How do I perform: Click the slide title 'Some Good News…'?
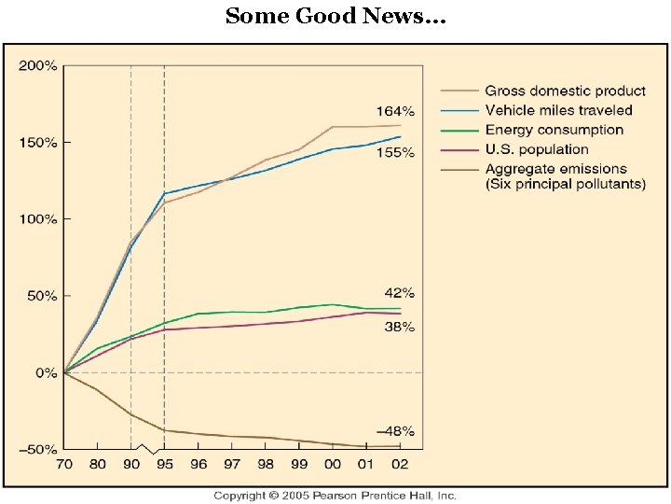click(335, 16)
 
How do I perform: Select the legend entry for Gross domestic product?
click(565, 91)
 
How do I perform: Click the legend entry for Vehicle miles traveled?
click(558, 110)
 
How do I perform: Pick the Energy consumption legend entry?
click(554, 130)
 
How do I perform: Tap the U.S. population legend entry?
click(537, 149)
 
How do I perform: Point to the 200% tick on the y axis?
click(38, 66)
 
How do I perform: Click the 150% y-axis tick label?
click(38, 143)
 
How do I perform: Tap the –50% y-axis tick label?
click(38, 449)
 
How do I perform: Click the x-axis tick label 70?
click(63, 464)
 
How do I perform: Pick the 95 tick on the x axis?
click(164, 464)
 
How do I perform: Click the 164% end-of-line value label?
click(395, 110)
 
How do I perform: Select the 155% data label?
click(395, 152)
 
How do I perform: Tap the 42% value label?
click(399, 293)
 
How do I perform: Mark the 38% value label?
click(399, 327)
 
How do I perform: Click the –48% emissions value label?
click(395, 431)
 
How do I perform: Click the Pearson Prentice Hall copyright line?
click(335, 495)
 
